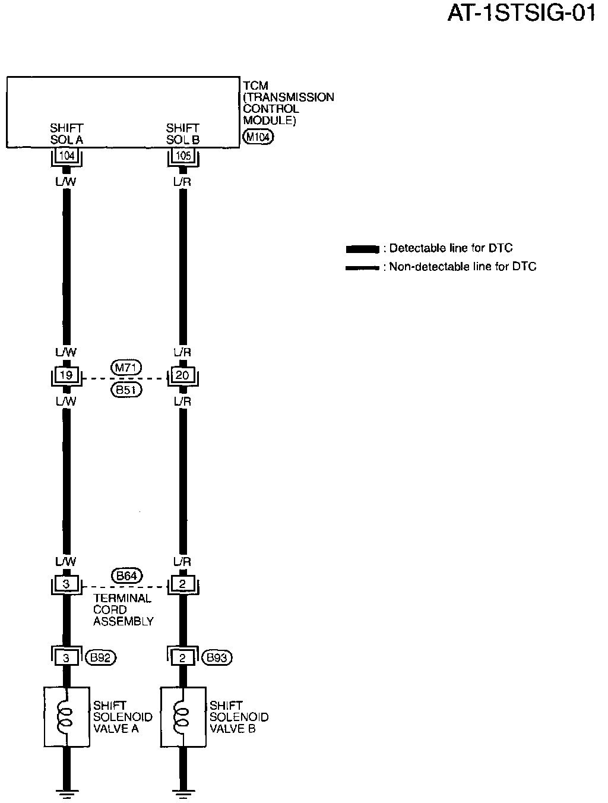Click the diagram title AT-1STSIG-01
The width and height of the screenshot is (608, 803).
tap(521, 14)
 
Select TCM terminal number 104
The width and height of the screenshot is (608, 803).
tap(66, 156)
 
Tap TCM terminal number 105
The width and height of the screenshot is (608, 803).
tap(183, 156)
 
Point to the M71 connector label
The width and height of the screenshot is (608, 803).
tap(125, 368)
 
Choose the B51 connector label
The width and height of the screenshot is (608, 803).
tap(125, 390)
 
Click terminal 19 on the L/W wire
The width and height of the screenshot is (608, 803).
tap(66, 375)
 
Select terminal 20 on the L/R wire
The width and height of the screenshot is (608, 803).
tap(182, 375)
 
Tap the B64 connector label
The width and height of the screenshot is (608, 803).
tap(126, 576)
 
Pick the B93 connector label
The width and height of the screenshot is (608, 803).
tap(217, 657)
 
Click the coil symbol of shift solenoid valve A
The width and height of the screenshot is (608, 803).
tap(66, 716)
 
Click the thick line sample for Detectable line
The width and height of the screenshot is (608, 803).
tap(362, 248)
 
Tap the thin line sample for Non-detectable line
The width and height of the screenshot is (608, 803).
tap(362, 267)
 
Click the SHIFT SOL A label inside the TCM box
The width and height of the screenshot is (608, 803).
tap(66, 134)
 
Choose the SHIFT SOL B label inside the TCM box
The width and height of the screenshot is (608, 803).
tap(183, 134)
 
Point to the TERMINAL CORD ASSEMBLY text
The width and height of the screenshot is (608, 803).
tap(123, 610)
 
